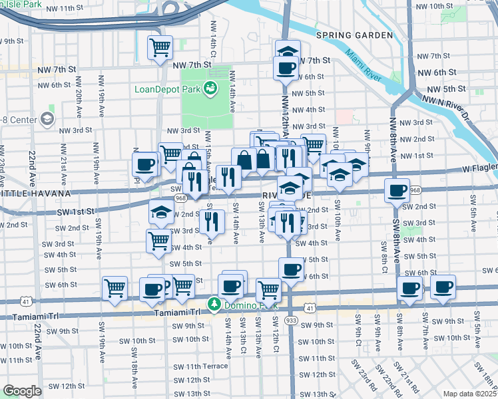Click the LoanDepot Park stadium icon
[x=210, y=86]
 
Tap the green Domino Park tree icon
[x=214, y=304]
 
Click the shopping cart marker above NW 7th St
[x=160, y=48]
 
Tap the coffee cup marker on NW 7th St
[x=286, y=67]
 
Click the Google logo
[x=22, y=391]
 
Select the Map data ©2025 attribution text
[x=470, y=394]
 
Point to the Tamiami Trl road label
[x=177, y=313]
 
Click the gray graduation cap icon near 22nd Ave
[x=47, y=119]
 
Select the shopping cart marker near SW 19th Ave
[x=115, y=289]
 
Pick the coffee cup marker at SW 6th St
[x=290, y=269]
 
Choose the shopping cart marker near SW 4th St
[x=159, y=240]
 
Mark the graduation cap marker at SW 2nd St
[x=161, y=212]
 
